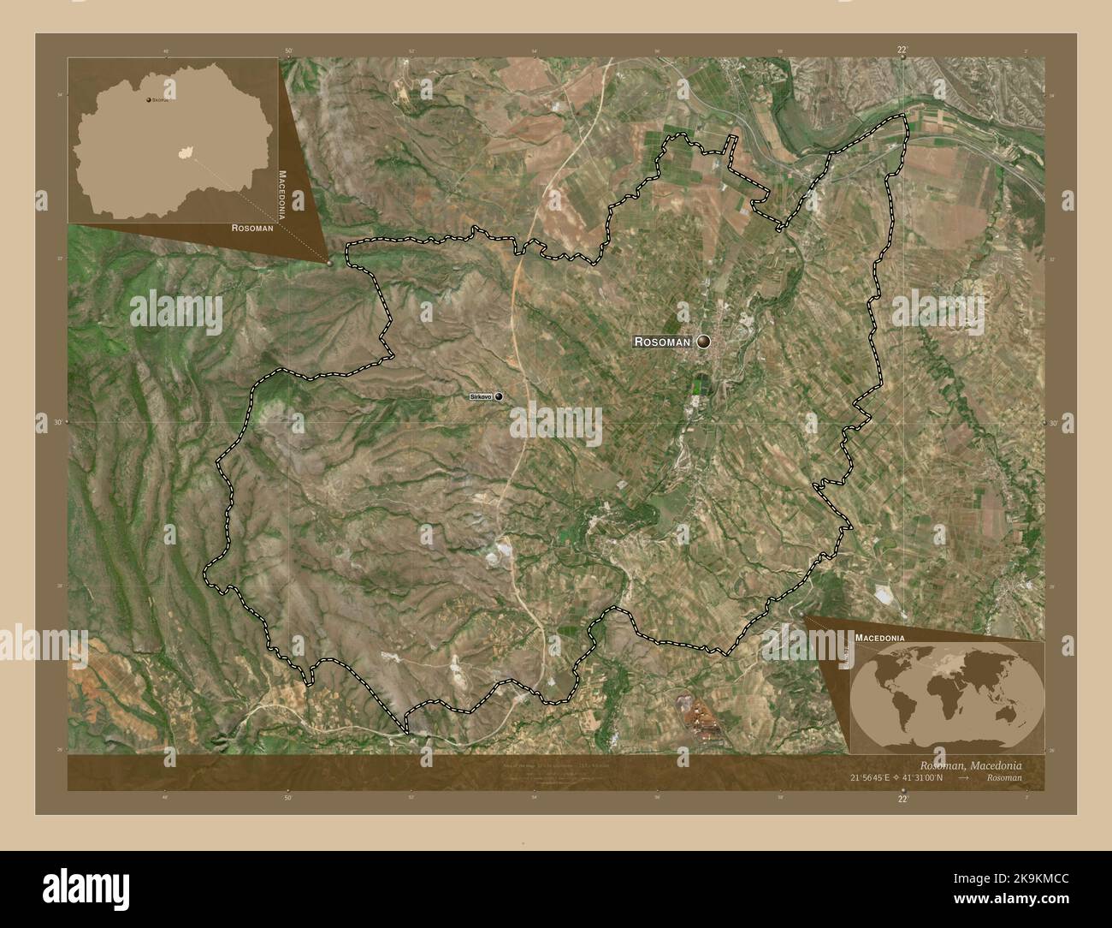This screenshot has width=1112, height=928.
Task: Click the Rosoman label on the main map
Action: pos(662,342)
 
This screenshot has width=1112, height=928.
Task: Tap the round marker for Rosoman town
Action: pos(704,342)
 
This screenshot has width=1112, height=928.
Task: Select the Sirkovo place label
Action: pos(481,396)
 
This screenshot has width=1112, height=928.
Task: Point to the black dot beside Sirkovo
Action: pos(498,396)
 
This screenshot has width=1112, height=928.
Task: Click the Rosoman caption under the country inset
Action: pos(252,229)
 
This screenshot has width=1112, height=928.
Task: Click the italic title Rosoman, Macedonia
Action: pos(970,764)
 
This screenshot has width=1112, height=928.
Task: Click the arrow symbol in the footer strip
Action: pos(964,778)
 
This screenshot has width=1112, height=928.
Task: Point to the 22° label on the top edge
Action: pos(902,51)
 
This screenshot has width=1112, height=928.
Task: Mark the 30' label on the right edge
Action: pos(1054,423)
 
